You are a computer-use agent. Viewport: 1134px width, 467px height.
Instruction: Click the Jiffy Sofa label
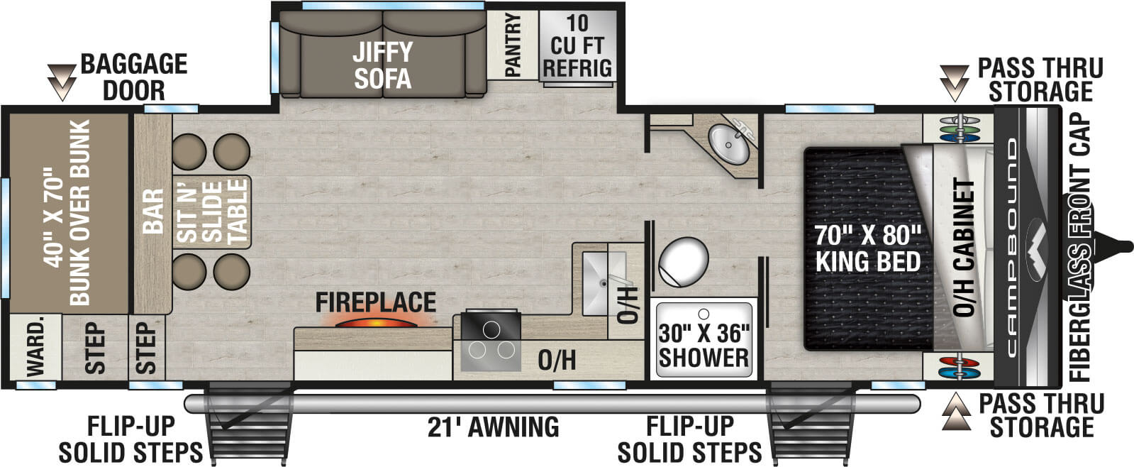[382, 65]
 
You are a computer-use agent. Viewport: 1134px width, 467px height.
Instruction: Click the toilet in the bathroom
[683, 260]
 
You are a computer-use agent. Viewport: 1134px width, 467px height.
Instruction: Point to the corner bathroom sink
[730, 143]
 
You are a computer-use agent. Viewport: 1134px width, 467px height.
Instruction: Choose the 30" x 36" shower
[704, 340]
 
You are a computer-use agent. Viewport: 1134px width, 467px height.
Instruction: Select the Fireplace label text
[376, 302]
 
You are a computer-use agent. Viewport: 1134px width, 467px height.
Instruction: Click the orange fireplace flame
[376, 323]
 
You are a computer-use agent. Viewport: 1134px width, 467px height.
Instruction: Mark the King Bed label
[867, 248]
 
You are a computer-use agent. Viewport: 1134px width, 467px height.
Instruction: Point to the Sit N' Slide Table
[212, 211]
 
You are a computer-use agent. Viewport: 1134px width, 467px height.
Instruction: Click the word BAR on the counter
[152, 211]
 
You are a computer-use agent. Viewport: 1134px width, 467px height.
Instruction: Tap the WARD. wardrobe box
[35, 348]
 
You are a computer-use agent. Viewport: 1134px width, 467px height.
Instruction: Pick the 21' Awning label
[493, 427]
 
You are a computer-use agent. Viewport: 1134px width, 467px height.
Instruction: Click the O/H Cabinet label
[965, 248]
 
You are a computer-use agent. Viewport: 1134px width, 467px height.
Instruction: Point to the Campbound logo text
[1011, 247]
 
